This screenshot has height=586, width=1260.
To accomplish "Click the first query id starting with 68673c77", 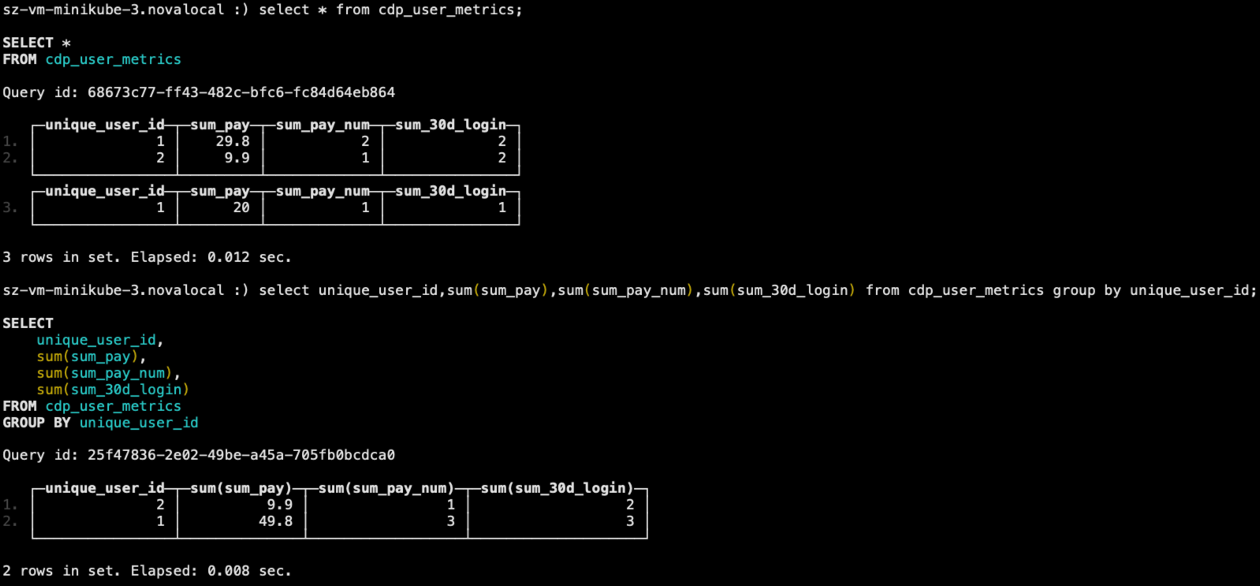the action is pos(241,92).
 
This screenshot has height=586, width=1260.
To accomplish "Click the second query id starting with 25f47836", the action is pos(241,455).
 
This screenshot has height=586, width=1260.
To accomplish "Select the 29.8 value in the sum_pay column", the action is pos(233,141).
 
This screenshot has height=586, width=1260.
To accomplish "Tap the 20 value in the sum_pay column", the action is pos(241,207).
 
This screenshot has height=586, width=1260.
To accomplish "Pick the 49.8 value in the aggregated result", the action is pos(276,521).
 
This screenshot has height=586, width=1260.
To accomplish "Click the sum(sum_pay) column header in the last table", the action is pos(241,488).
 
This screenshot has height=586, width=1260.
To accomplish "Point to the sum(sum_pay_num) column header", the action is pos(386,488).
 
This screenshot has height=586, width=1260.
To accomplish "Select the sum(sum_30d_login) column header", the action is pos(557,488).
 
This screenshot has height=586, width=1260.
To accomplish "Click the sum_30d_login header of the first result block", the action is pos(450,125).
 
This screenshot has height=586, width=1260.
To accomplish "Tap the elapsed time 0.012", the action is pos(229,258).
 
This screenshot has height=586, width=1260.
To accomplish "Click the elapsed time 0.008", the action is pos(229,571).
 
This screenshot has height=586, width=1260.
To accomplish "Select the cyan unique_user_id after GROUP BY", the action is pos(139,423).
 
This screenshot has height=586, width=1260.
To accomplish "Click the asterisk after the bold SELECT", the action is pos(66,43).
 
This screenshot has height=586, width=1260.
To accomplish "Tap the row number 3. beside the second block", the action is pos(10,207).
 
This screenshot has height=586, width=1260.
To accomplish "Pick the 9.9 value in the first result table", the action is pos(237,158).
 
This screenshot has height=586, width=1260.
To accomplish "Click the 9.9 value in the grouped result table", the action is pos(280,505).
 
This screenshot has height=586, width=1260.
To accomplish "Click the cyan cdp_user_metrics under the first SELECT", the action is pos(113,60).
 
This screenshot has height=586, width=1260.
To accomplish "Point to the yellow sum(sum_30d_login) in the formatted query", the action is pos(113,389).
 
